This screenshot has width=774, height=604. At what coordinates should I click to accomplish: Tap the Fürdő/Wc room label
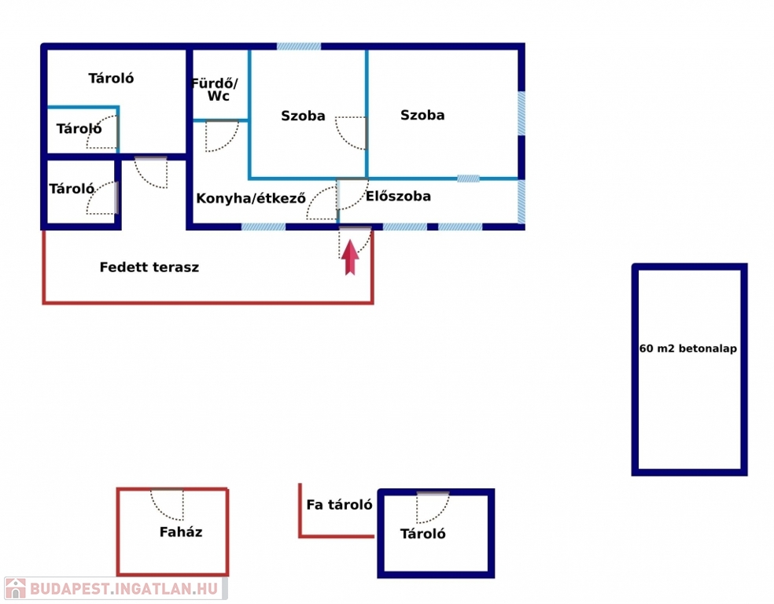pos(215,90)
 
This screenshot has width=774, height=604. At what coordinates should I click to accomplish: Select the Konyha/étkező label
pos(251,198)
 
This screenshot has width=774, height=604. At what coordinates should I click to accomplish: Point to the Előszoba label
pos(398,197)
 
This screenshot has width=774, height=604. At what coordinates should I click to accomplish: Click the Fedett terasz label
pos(149,267)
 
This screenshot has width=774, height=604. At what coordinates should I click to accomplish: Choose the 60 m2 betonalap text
pos(688,348)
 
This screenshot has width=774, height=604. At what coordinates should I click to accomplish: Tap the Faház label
pos(181,532)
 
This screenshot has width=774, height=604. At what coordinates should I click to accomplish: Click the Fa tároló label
pos(339,504)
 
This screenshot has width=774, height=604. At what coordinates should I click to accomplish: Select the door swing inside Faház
pos(168,505)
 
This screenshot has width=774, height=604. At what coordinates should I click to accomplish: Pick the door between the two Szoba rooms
pos(351,133)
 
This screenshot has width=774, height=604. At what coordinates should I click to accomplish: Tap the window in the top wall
pos(299,46)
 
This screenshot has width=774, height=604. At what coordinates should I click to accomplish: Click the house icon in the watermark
pos(15,588)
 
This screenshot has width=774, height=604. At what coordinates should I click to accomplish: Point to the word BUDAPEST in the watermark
pos(69,589)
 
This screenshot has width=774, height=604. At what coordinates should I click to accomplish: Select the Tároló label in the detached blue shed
pos(422,534)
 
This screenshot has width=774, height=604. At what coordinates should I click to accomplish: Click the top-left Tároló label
pos(111,79)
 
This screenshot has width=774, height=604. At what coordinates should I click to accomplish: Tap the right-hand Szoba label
pos(422,115)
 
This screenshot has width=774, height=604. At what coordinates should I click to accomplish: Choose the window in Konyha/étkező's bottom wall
pos(263,227)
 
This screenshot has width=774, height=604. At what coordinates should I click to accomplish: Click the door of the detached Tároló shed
pos(433,508)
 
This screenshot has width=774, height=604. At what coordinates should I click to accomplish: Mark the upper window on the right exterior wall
pos(522,113)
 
